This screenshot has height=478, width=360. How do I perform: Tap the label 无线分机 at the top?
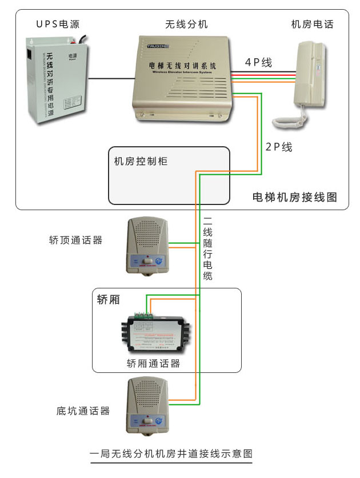tap(186, 24)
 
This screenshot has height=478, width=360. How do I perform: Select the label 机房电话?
tap(312, 24)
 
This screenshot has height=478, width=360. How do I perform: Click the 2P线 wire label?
tap(279, 147)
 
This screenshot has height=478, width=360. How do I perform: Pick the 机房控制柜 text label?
tap(141, 162)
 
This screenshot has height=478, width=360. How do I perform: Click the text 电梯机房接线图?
tap(294, 197)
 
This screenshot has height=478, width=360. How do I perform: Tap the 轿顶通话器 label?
tap(76, 240)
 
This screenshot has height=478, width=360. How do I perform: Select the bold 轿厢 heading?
tap(109, 299)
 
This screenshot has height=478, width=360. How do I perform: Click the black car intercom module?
tap(155, 334)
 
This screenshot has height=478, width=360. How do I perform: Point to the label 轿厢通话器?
tap(153, 363)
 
